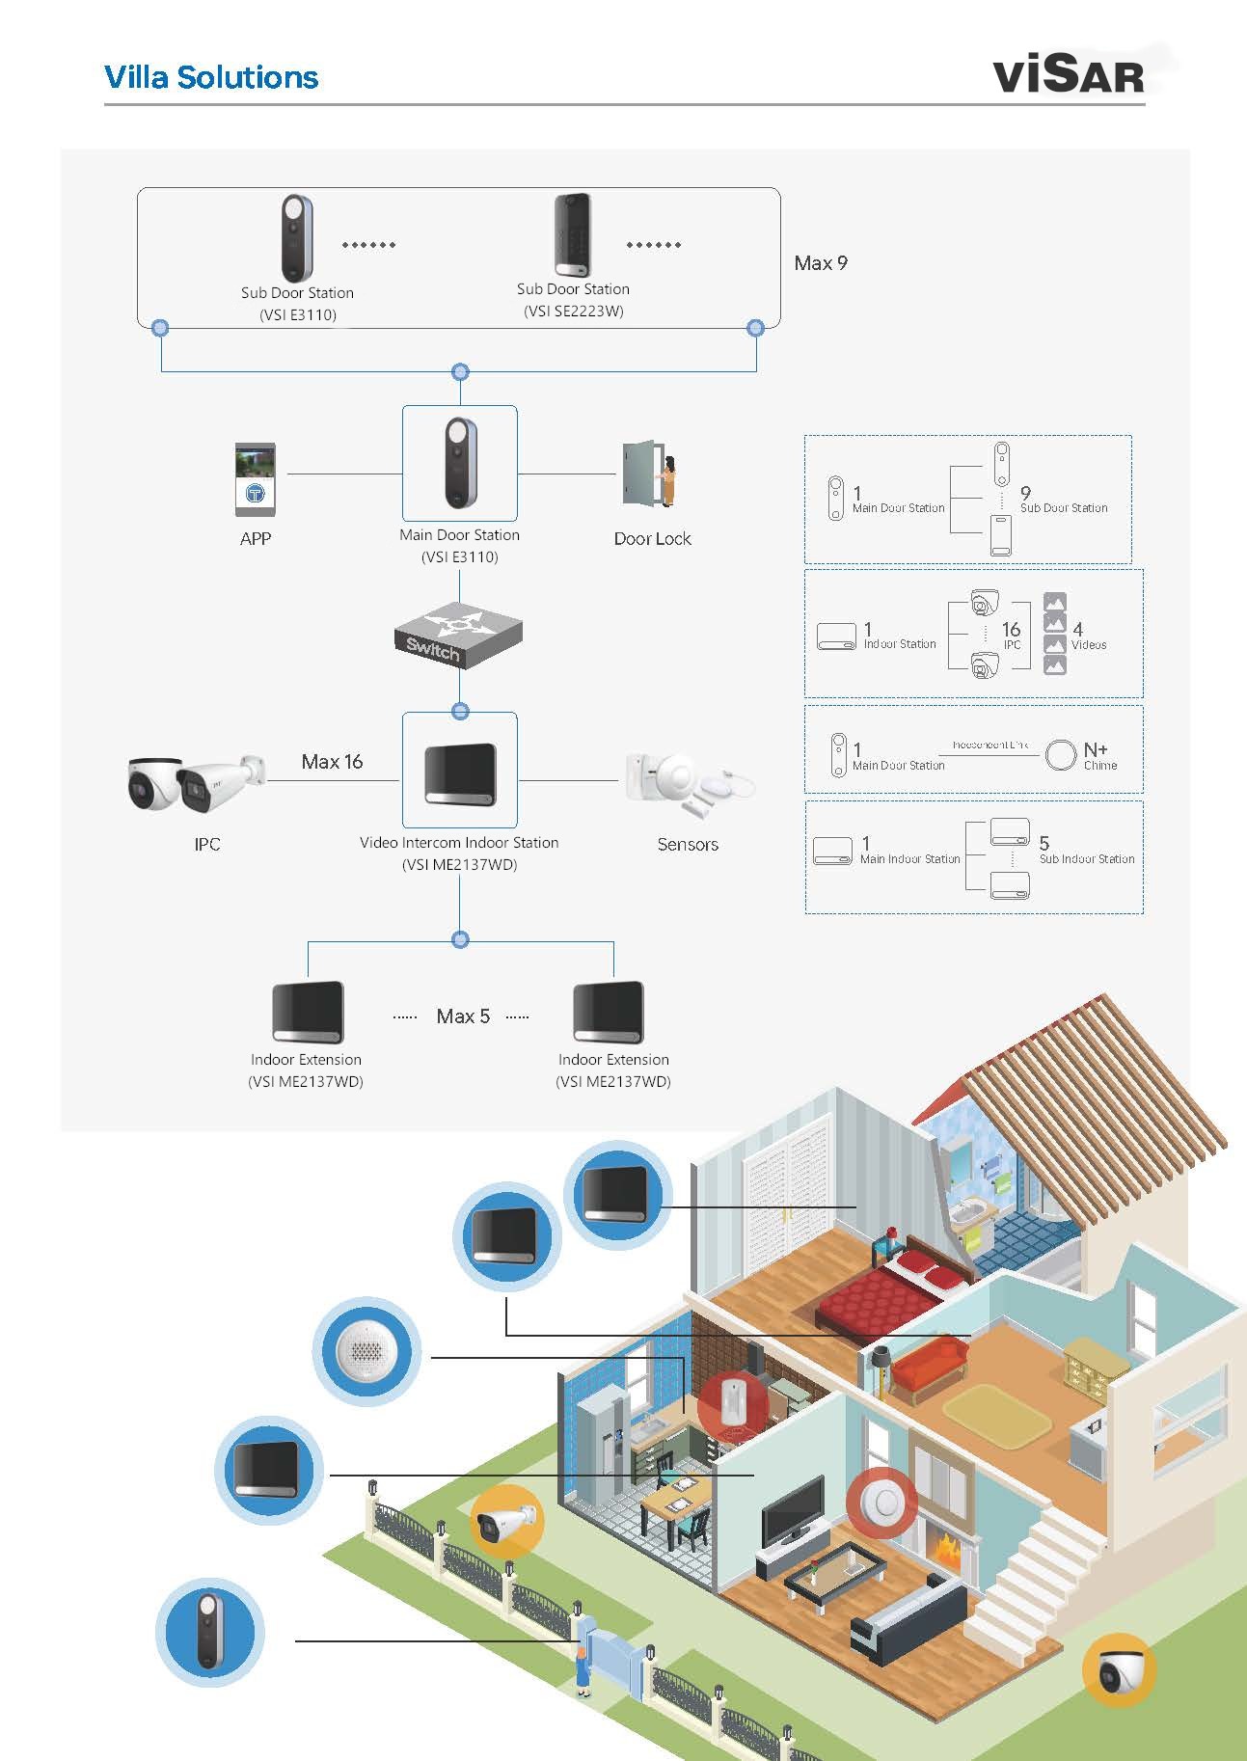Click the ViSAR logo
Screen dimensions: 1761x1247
coord(1068,75)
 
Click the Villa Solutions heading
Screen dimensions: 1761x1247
coord(211,77)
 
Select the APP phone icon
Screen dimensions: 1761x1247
coord(256,479)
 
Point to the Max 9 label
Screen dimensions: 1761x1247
coord(821,263)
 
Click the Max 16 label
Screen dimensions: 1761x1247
coord(332,762)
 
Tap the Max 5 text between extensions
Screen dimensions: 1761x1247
coord(463,1016)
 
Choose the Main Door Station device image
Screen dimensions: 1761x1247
coord(460,463)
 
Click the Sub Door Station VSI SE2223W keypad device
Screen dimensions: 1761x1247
coord(573,235)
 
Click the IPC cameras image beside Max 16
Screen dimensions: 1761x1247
coord(196,782)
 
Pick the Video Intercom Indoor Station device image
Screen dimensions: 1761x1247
coord(460,772)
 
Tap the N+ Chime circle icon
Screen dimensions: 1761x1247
coord(1060,754)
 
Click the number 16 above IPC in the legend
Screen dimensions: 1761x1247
coord(1011,630)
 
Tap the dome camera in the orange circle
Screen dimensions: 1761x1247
coord(1119,1670)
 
